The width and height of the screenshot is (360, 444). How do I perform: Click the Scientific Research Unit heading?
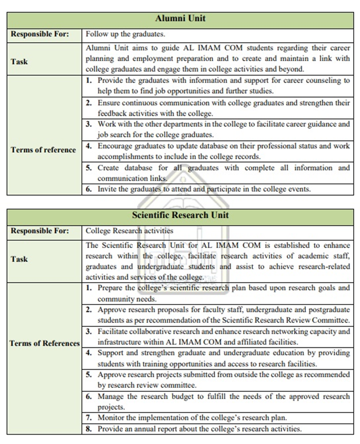tap(180, 215)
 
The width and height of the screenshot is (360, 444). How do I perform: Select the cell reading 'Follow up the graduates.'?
tap(125, 34)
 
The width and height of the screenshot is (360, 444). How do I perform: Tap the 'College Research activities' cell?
tap(129, 231)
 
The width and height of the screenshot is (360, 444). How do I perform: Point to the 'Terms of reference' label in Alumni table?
tap(43, 150)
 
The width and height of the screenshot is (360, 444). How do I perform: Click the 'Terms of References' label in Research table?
tap(44, 343)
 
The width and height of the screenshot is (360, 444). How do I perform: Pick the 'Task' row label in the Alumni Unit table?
tap(19, 61)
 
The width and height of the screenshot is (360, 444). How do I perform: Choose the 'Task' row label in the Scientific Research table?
tap(19, 259)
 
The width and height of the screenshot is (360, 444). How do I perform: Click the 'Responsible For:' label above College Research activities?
tap(40, 231)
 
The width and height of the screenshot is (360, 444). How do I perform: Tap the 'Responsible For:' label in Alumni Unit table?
tap(40, 34)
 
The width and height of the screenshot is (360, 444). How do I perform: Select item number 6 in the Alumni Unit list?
tap(88, 189)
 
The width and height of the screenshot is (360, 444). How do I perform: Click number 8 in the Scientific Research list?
tap(88, 429)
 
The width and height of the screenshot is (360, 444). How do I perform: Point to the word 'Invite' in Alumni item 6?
tap(106, 189)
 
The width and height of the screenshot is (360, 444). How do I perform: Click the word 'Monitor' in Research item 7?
tap(110, 418)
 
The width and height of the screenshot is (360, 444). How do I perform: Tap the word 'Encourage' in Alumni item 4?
tap(115, 146)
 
